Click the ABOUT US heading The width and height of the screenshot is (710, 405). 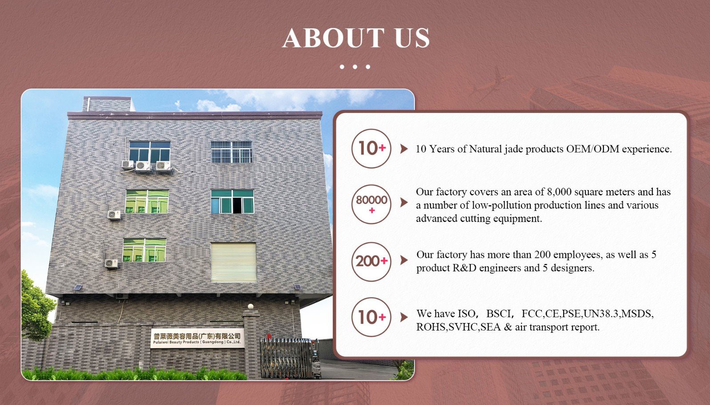(355, 38)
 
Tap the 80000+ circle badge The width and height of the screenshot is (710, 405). (371, 204)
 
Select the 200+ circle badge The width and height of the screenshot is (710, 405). (371, 261)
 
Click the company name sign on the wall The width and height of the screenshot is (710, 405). (197, 338)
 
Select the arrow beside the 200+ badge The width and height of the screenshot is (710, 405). (404, 260)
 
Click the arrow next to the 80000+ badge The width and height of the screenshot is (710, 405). (404, 202)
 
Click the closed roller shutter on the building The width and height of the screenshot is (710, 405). (233, 262)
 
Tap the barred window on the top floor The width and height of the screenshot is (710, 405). (232, 152)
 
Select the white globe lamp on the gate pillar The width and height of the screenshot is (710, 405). (251, 306)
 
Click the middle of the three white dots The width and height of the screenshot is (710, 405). (355, 67)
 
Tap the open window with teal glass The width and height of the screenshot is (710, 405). (233, 202)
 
